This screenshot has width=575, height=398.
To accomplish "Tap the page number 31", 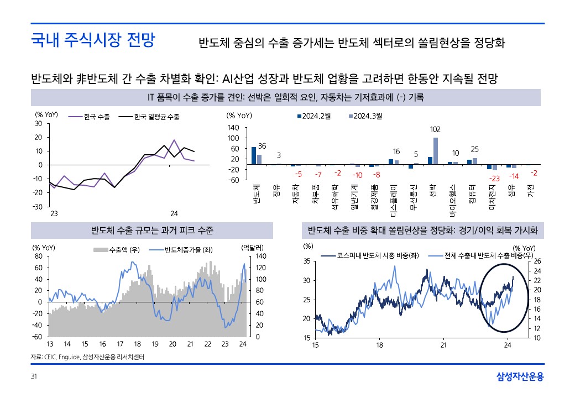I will [34, 377].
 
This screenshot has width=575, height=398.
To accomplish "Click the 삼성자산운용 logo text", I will [520, 377].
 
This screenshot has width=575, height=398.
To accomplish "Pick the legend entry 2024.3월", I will [368, 116].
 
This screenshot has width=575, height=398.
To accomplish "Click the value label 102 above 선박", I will [435, 129].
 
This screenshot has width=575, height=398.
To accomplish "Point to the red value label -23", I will [494, 178].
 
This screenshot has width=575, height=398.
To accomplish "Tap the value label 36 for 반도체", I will [262, 145].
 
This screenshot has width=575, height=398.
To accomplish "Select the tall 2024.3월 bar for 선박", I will [436, 151].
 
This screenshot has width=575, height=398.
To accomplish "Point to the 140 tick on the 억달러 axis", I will [261, 256].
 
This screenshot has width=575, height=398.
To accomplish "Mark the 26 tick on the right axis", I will [537, 261].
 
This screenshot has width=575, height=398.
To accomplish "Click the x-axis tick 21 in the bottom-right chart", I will [443, 345].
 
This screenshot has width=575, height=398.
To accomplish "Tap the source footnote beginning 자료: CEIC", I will [87, 357].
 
